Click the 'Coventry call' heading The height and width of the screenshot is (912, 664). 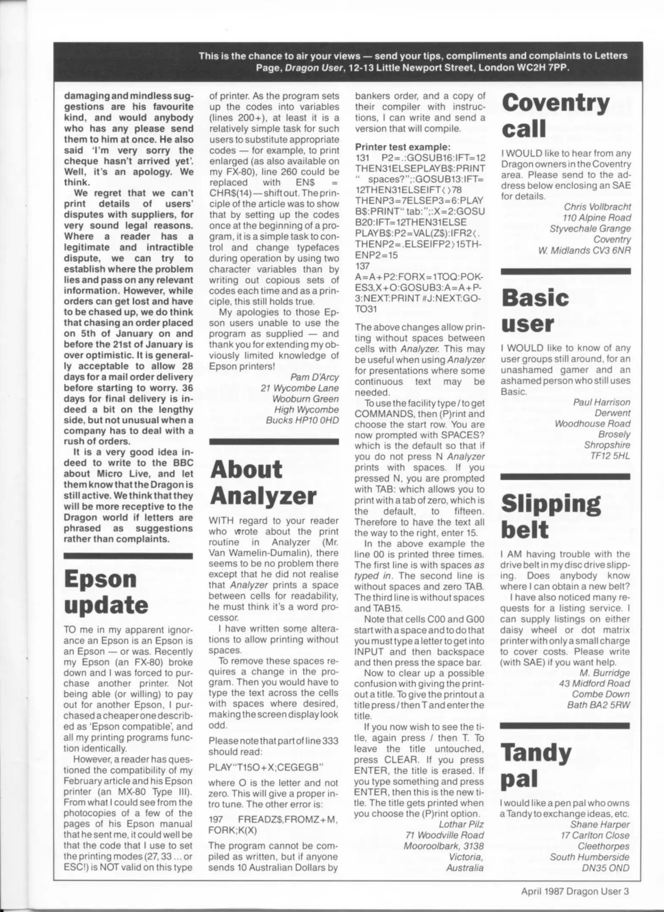click(555, 115)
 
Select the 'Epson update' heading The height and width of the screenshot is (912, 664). click(106, 592)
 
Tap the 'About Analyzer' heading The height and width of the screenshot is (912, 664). click(262, 482)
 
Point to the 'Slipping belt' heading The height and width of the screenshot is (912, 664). click(551, 516)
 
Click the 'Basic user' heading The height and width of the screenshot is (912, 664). click(535, 310)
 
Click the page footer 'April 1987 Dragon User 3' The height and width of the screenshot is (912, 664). click(575, 891)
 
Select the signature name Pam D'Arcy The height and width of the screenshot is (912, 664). click(314, 377)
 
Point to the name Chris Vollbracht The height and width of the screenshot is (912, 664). click(597, 207)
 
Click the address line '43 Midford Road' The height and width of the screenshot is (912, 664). click(594, 683)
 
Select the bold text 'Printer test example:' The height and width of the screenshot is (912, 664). click(403, 147)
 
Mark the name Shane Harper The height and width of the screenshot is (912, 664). click(600, 824)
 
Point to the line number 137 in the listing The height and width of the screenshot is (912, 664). click(362, 266)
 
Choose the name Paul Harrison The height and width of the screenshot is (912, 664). click(601, 402)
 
